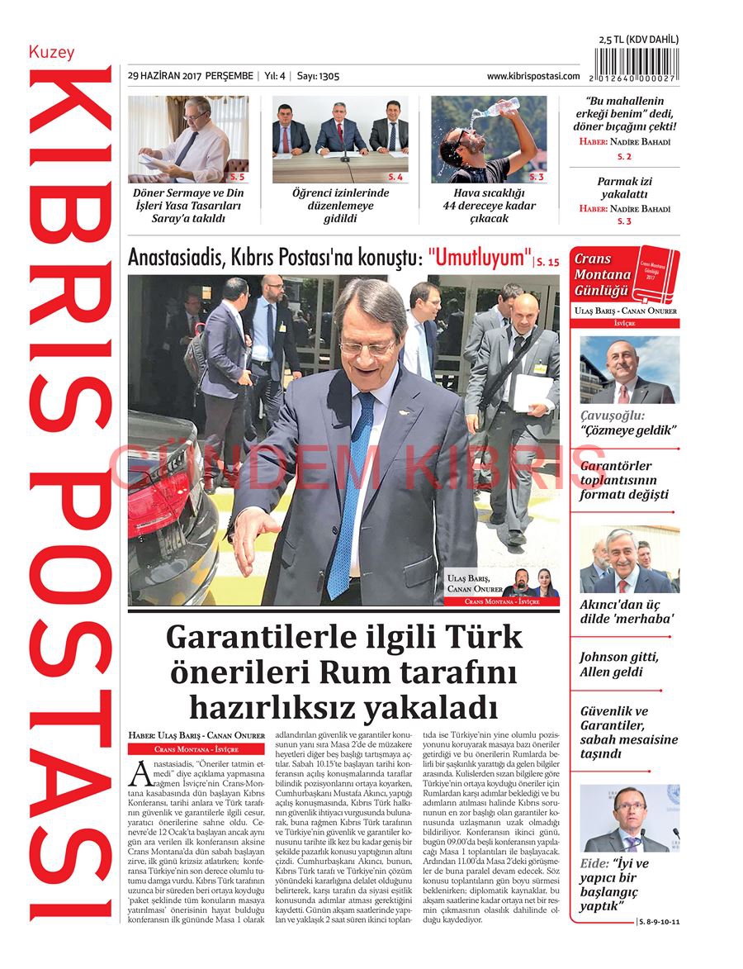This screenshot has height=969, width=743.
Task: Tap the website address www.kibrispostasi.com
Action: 533,76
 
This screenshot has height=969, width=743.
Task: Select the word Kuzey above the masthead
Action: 51,52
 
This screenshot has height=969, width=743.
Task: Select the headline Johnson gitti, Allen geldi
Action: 618,664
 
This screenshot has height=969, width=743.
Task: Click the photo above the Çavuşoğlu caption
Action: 629,369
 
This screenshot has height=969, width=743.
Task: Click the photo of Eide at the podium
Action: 629,818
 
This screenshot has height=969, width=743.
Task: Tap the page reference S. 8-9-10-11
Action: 660,919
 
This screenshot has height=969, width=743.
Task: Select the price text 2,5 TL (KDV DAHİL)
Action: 638,40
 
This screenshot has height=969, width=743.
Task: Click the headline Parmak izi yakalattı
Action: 624,188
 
